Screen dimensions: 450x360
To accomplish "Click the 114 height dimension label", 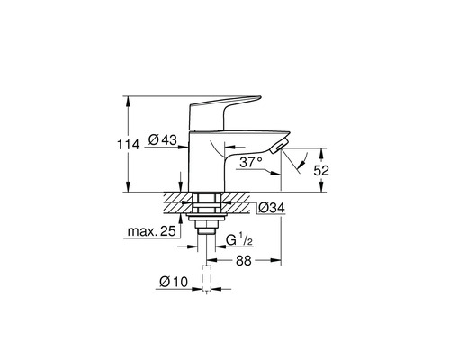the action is [x=129, y=145].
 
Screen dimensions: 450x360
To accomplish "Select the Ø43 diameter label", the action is [x=163, y=139].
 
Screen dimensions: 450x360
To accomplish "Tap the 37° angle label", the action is [x=250, y=163].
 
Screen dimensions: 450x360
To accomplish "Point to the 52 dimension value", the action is [x=321, y=171].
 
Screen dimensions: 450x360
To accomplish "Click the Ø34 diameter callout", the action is [x=272, y=208].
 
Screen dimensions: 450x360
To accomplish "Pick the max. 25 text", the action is [x=151, y=231].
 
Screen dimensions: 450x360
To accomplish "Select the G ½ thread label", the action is [x=238, y=240].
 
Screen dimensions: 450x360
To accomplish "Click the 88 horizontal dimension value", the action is [x=243, y=261].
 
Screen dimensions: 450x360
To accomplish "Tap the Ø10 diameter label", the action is [x=174, y=282].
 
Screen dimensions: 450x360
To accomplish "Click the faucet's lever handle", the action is [x=222, y=112].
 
